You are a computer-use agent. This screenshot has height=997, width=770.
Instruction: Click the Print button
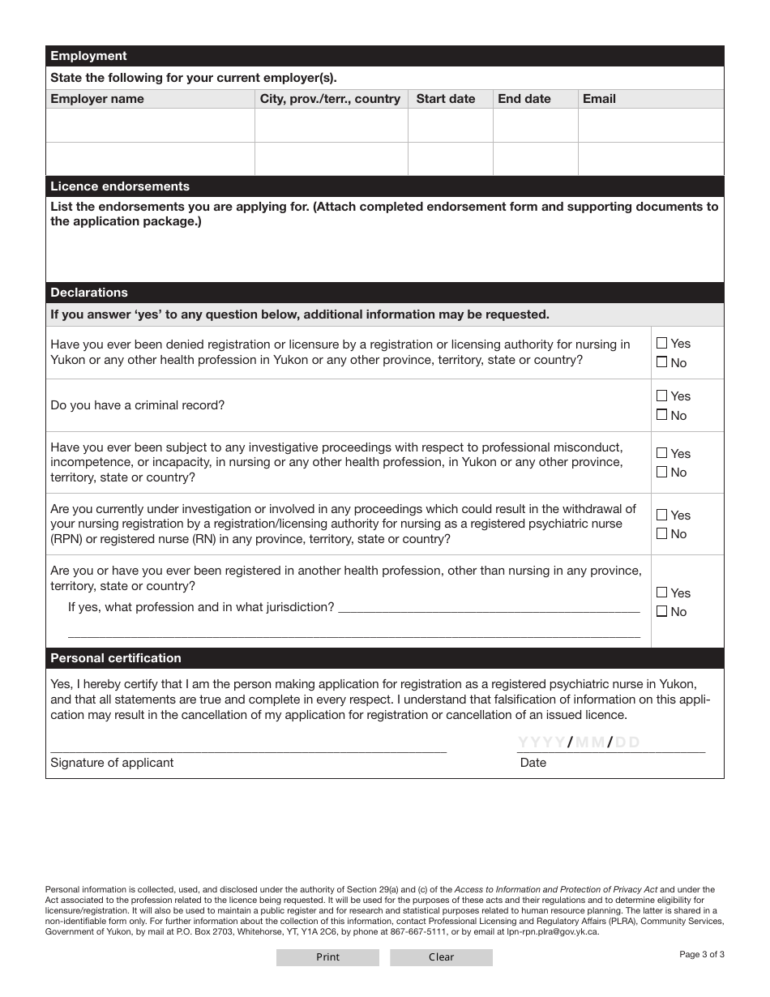[327, 957]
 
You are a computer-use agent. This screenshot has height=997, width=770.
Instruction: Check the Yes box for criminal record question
[662, 396]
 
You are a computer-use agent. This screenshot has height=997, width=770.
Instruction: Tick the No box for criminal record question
[662, 415]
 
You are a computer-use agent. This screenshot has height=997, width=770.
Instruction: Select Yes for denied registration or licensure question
[662, 344]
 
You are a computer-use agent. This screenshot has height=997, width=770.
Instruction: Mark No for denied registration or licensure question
[662, 362]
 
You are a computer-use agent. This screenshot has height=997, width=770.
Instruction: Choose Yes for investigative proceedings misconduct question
[662, 453]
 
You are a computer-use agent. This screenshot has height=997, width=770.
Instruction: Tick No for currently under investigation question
[662, 533]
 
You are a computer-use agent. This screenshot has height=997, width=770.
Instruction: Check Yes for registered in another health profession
[662, 593]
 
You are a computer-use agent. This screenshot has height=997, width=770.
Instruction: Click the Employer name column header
[97, 99]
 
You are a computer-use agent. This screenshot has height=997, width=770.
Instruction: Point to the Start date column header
[446, 99]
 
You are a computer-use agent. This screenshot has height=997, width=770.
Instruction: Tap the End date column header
[524, 99]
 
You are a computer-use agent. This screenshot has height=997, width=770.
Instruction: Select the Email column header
[599, 99]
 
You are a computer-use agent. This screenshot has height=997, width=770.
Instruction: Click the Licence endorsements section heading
[120, 186]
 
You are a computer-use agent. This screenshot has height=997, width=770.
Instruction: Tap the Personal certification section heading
[116, 658]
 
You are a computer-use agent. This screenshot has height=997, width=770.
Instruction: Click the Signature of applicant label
[112, 763]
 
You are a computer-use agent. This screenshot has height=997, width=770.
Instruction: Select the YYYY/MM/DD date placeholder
[579, 742]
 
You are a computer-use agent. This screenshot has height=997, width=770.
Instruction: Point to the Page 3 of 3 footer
[702, 954]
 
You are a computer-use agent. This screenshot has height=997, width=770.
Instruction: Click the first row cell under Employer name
[150, 126]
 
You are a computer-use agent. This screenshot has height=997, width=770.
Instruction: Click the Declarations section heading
[89, 293]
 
